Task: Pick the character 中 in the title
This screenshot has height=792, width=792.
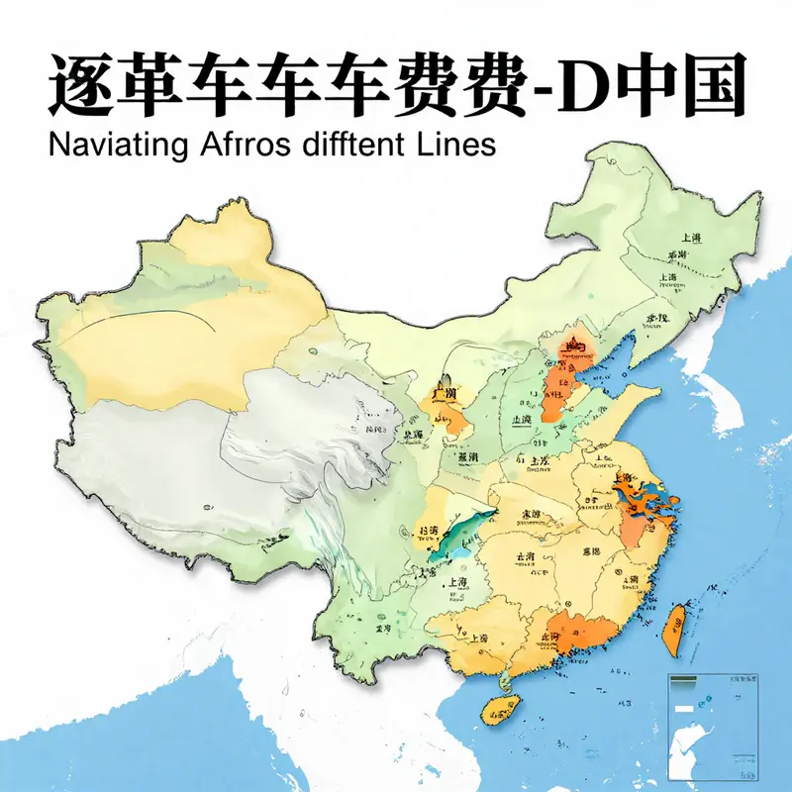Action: click(648, 87)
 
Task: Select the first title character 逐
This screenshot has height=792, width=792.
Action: click(79, 87)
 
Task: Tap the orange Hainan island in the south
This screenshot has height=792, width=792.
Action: click(501, 707)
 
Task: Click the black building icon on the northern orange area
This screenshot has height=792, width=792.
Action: click(574, 347)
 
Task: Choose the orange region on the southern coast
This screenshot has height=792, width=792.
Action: click(579, 630)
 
